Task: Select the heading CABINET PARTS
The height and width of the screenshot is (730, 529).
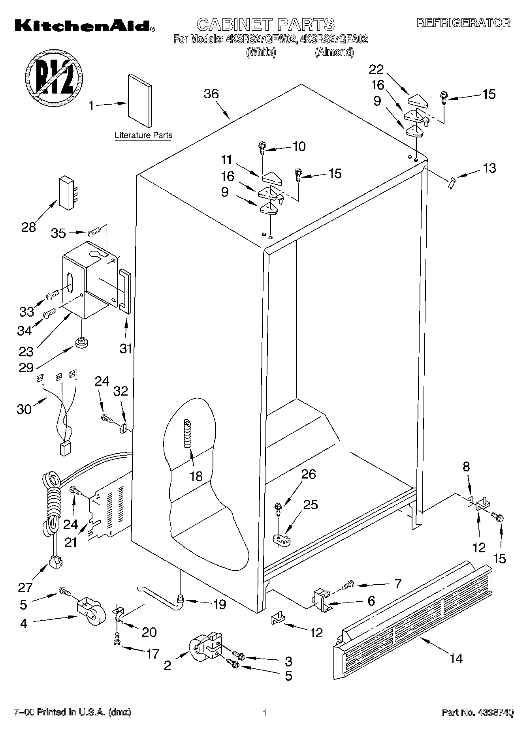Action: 265,24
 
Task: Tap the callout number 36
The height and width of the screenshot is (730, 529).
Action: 211,94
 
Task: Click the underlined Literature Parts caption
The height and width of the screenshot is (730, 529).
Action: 143,135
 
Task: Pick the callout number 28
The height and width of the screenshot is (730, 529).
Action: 28,227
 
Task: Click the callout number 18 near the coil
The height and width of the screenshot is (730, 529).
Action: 196,476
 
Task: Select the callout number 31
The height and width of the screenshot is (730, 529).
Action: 126,349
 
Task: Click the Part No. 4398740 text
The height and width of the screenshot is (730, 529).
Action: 477,713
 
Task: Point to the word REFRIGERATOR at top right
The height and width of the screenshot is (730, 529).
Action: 463,23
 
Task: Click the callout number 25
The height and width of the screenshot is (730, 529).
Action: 310,505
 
